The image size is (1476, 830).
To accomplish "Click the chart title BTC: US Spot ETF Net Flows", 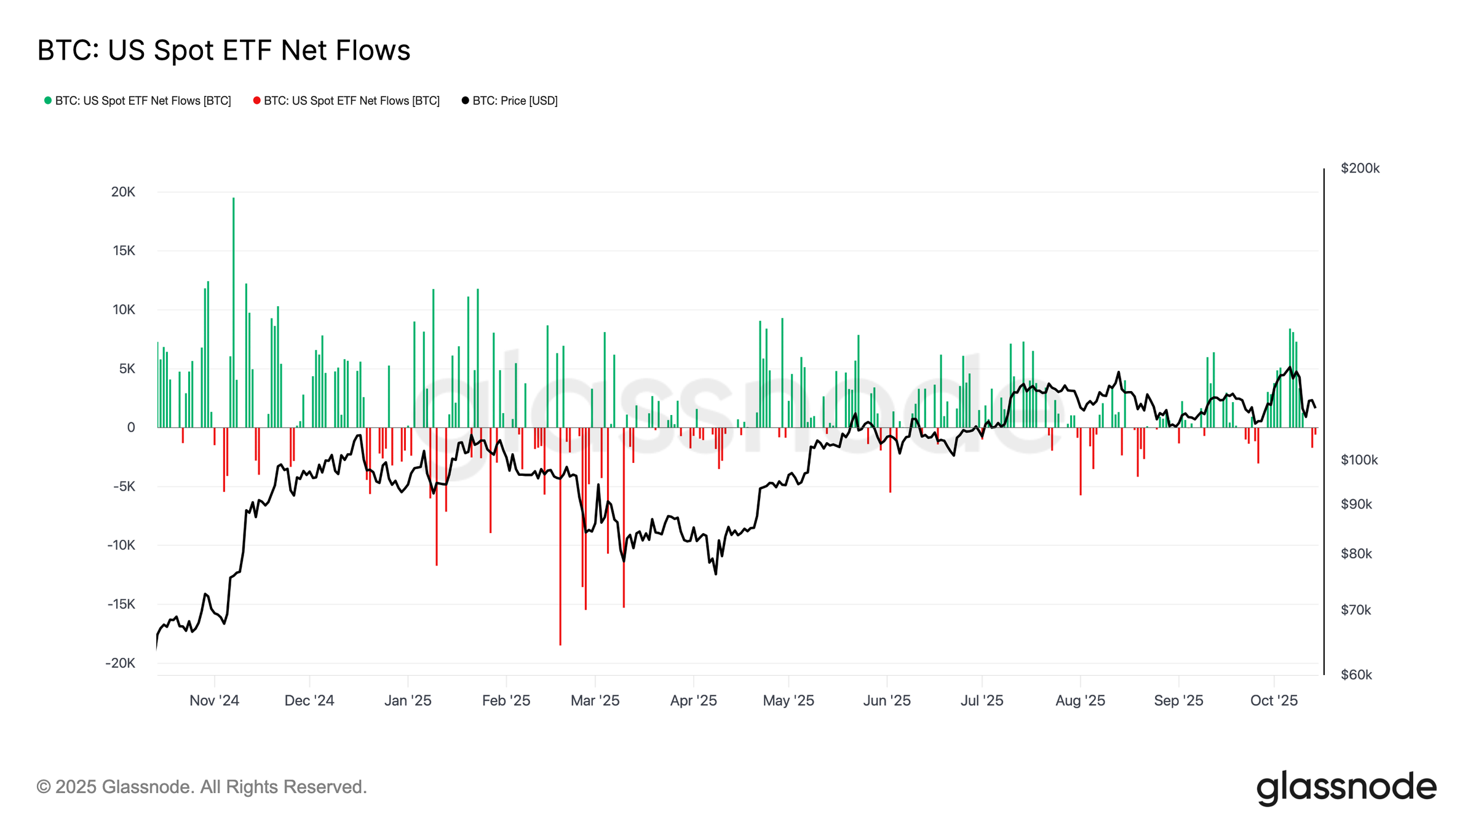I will (x=223, y=50).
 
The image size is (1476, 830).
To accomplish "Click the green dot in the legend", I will (x=48, y=101).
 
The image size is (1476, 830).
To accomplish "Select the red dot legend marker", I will (x=256, y=101).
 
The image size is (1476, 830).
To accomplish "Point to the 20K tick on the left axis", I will (x=123, y=192).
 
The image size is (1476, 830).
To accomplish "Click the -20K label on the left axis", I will (x=121, y=663).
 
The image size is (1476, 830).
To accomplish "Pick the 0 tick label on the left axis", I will (x=131, y=428).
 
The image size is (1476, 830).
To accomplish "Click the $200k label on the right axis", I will (x=1360, y=168).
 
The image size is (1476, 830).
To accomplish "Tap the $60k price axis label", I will (x=1356, y=675).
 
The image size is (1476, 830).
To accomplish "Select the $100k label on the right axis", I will (x=1359, y=460).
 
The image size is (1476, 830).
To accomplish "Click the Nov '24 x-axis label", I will (x=214, y=701).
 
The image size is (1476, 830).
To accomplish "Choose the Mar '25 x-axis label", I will (x=595, y=701).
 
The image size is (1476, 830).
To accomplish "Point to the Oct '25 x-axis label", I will (x=1274, y=701).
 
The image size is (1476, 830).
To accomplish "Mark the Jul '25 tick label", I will (x=982, y=701).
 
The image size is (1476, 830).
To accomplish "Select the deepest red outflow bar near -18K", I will (x=560, y=541).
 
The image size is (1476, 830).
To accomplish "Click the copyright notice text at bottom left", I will (x=202, y=788).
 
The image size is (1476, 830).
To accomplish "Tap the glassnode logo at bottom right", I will (x=1346, y=788).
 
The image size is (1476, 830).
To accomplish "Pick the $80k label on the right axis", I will (x=1356, y=554).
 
